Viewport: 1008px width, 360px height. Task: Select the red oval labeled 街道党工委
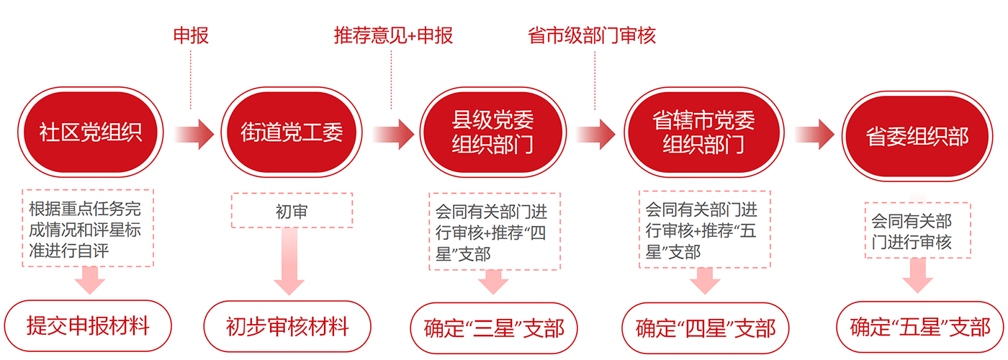[291, 132]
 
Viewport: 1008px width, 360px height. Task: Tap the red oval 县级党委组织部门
[492, 132]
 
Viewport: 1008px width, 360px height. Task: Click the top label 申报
[191, 35]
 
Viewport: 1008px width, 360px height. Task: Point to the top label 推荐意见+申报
[393, 35]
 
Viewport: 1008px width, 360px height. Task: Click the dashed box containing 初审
[292, 210]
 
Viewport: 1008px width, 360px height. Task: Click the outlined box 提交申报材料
[88, 326]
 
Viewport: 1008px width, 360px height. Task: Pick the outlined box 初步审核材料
[287, 328]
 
